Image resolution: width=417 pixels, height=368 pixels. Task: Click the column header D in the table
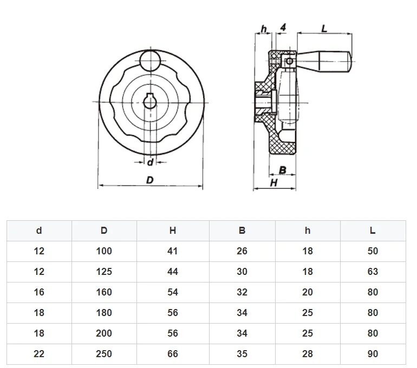click(104, 231)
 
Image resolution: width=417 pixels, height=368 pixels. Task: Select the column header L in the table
click(373, 231)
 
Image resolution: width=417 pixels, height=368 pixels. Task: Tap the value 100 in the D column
click(104, 251)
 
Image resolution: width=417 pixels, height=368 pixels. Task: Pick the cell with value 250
click(104, 354)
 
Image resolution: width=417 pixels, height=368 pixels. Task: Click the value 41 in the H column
click(173, 251)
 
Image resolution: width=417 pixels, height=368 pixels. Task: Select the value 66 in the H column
click(173, 354)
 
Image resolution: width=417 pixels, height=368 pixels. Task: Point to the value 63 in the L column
click(373, 272)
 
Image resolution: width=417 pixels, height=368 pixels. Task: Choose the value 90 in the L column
click(373, 354)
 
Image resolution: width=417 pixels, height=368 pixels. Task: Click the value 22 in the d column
click(39, 354)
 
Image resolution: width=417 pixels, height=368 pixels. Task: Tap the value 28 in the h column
click(308, 354)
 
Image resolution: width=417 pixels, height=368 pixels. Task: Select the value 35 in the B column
click(242, 354)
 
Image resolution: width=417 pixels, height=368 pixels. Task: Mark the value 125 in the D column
click(104, 272)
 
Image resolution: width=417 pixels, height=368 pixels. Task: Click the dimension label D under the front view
click(150, 180)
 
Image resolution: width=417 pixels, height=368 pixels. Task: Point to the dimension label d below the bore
click(150, 162)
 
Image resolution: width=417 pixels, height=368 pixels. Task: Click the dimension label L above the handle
click(324, 29)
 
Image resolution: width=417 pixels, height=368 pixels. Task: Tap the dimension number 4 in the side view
click(284, 28)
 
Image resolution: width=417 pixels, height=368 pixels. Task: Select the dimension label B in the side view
click(282, 170)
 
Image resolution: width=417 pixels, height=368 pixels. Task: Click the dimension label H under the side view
click(274, 183)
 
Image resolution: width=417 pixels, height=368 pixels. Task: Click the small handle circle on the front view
click(149, 60)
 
